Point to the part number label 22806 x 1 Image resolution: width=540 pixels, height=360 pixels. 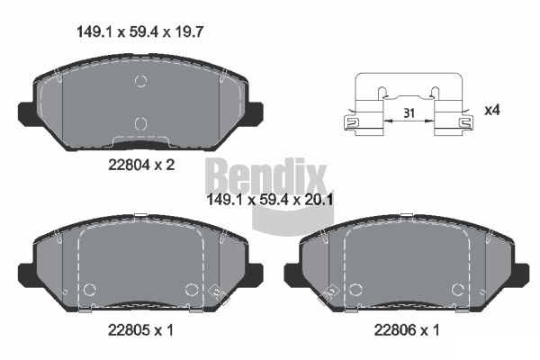[407, 330]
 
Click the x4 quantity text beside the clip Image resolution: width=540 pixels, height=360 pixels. [492, 111]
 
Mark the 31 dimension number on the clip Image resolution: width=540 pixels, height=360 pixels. [409, 113]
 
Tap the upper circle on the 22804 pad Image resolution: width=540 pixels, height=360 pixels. [139, 83]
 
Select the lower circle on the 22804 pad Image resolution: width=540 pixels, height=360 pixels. [139, 123]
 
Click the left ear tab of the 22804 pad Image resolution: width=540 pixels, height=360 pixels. [27, 114]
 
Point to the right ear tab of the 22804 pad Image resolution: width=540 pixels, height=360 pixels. [253, 114]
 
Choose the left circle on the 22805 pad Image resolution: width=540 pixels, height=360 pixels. [89, 289]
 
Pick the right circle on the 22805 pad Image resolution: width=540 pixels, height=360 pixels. [191, 289]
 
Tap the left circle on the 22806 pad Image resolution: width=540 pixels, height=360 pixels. [356, 289]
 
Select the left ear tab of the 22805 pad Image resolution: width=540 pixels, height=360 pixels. [27, 274]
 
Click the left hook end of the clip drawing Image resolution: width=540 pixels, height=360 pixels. [350, 122]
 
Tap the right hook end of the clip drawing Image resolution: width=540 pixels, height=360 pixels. [465, 122]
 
